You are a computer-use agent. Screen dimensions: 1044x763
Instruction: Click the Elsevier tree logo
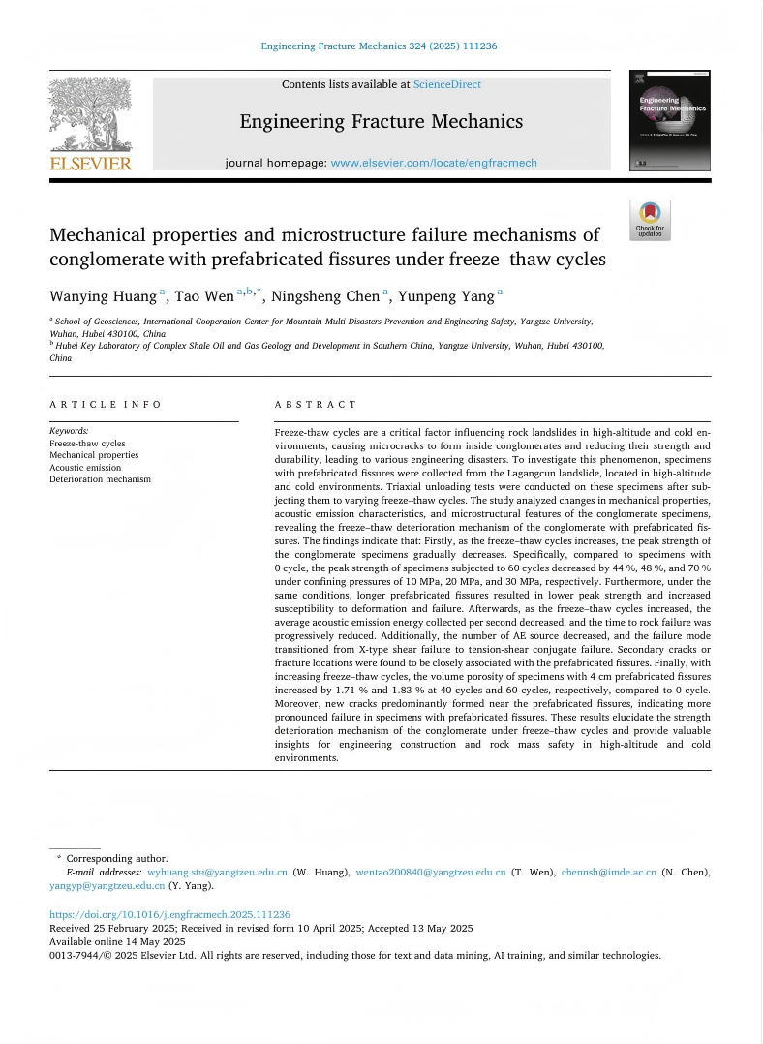pos(90,113)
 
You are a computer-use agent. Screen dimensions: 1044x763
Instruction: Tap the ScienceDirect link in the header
pos(446,84)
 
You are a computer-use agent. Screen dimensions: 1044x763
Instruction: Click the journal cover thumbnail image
pos(669,121)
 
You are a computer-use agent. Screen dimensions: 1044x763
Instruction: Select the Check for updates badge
pos(650,220)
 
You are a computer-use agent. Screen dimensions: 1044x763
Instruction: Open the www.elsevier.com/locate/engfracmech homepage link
pos(433,163)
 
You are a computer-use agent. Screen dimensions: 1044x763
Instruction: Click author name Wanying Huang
pos(104,296)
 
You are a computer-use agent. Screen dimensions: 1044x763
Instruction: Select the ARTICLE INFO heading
pos(106,404)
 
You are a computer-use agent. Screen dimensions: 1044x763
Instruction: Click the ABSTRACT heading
pos(316,404)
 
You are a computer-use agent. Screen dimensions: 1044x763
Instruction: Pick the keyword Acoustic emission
pos(85,467)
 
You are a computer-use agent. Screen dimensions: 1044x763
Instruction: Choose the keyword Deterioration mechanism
pos(100,479)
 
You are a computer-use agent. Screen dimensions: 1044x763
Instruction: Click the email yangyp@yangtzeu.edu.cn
pos(107,885)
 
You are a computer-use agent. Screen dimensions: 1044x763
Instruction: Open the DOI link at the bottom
pos(169,914)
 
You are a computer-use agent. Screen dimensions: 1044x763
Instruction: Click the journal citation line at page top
pos(380,46)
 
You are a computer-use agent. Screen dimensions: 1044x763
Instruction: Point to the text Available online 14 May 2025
pos(117,941)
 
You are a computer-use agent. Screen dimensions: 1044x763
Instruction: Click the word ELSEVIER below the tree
pos(90,164)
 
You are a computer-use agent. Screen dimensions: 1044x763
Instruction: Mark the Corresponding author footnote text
pos(116,858)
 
